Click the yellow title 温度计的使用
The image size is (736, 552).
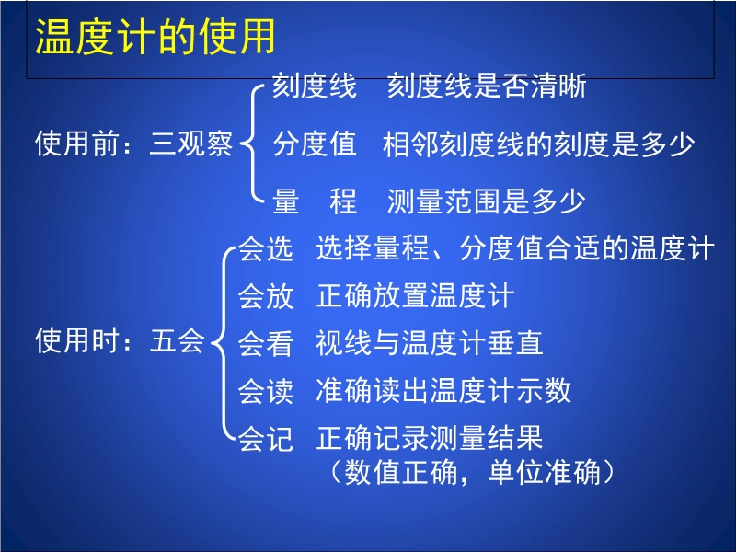pos(155,37)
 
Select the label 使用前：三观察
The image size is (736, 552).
pos(133,144)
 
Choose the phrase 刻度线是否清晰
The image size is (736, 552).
pos(487,86)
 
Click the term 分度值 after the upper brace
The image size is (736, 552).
pos(315,144)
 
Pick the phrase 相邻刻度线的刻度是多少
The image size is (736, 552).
pos(538,144)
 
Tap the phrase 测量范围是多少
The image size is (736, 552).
pos(487,201)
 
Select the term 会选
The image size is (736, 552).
pos(266,248)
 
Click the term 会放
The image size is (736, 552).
pos(266,296)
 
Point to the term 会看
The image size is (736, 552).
pos(266,343)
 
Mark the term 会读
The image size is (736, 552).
pos(266,390)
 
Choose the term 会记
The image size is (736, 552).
pos(266,438)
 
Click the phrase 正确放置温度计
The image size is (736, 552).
pos(416,295)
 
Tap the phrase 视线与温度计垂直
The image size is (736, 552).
pos(430,342)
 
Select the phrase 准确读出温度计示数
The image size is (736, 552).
pos(443,390)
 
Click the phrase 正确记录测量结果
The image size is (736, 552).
pos(430,438)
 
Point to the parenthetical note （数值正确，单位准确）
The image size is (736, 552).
pos(472,472)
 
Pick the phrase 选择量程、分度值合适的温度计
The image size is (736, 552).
pos(515,247)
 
